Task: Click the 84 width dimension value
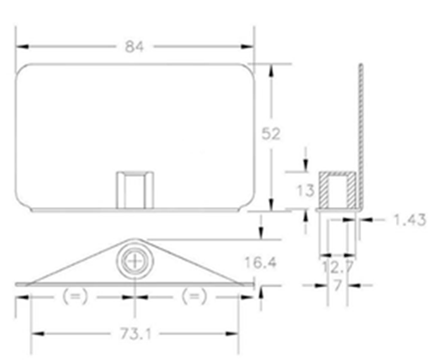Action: [x=134, y=47]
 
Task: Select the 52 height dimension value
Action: [x=271, y=134]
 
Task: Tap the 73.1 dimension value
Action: [x=135, y=333]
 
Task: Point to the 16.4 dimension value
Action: [x=261, y=262]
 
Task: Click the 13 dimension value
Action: [x=306, y=191]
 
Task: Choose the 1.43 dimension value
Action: [x=410, y=220]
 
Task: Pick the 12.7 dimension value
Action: [x=338, y=267]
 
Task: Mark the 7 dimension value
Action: [x=337, y=285]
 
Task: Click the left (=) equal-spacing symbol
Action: [x=76, y=296]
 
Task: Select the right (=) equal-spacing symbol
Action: [x=194, y=296]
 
